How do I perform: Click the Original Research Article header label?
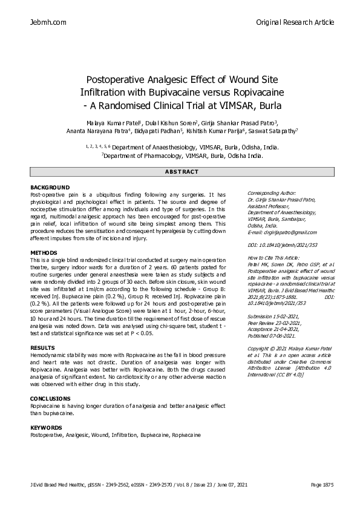pyautogui.click(x=295, y=22)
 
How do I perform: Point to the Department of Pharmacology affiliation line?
pyautogui.click(x=182, y=155)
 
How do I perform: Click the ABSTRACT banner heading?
pyautogui.click(x=182, y=172)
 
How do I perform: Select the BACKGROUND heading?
pyautogui.click(x=50, y=188)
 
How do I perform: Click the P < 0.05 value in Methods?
pyautogui.click(x=139, y=333)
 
